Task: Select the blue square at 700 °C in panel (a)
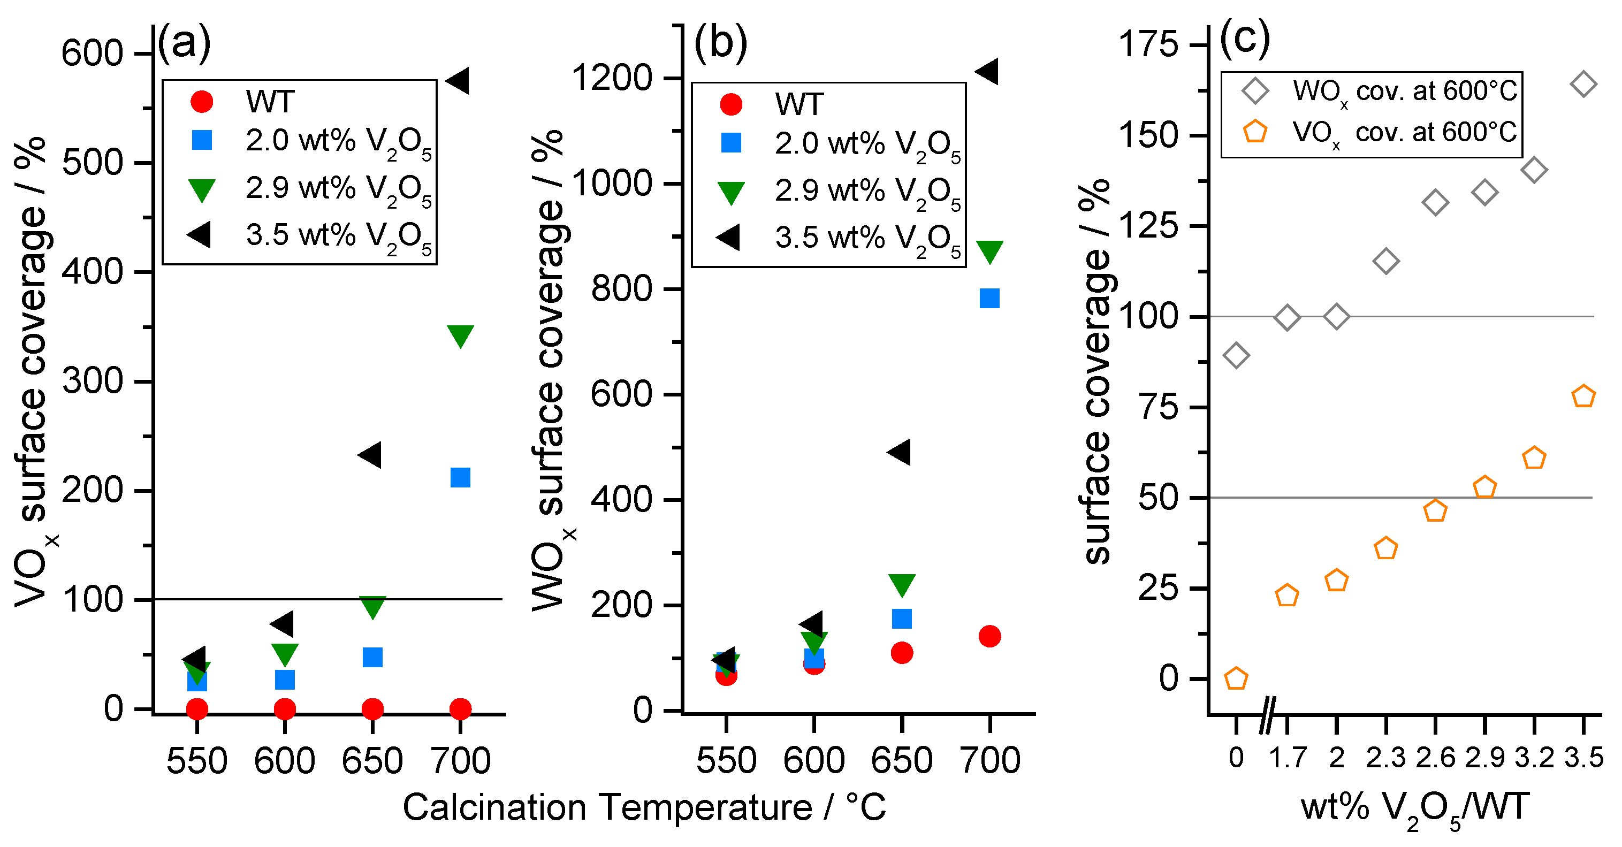(x=460, y=477)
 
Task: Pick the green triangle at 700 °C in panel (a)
(x=460, y=335)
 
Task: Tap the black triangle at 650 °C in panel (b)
(x=900, y=452)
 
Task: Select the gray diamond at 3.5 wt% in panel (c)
(x=1583, y=85)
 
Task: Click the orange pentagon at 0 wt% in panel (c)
(x=1236, y=679)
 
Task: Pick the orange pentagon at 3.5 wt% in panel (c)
(x=1583, y=396)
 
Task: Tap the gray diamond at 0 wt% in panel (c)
(x=1236, y=356)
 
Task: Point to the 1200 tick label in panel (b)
(x=611, y=79)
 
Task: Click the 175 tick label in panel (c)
(x=1147, y=45)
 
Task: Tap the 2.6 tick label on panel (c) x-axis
(x=1435, y=758)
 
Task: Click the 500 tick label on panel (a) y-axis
(x=92, y=163)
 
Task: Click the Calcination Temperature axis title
(x=644, y=808)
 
